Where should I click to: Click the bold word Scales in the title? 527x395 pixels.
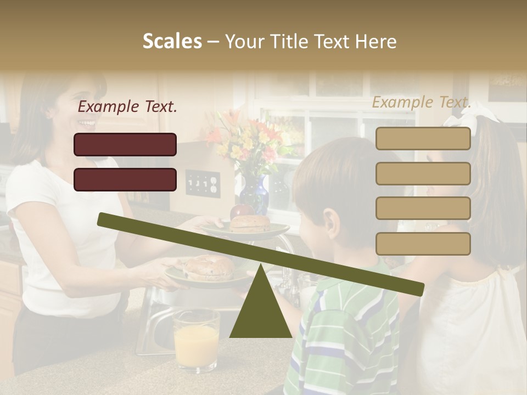(172, 41)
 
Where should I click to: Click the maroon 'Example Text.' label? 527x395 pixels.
(127, 107)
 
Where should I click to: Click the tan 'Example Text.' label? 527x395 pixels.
(422, 102)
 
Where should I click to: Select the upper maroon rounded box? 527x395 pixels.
(125, 144)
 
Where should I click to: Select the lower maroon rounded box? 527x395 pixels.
(125, 179)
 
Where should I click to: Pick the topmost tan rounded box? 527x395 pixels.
(423, 138)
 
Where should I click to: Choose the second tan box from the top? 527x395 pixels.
(423, 173)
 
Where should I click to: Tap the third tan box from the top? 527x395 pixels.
(423, 208)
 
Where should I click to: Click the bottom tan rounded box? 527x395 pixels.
(423, 244)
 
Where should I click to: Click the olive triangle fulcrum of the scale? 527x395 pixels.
(260, 307)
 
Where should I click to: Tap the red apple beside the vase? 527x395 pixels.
(242, 211)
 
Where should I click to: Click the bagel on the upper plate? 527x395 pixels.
(250, 223)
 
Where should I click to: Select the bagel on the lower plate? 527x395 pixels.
(209, 267)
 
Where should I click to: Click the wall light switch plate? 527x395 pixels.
(203, 183)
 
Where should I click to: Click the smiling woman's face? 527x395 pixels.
(82, 104)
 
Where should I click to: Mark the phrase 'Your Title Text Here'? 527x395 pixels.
(311, 41)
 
